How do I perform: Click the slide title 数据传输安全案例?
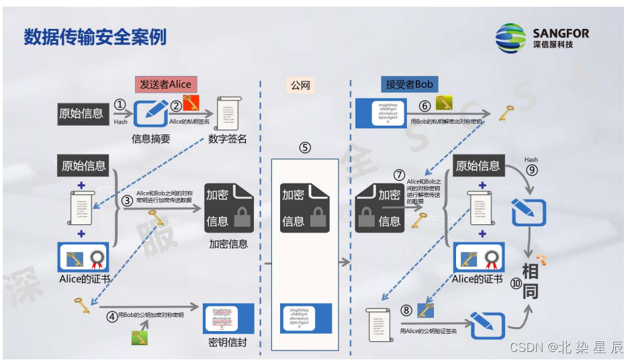point(95,36)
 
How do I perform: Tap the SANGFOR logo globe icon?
point(511,38)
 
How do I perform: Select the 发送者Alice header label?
point(165,84)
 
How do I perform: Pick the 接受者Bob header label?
point(409,84)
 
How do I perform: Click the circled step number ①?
point(120,105)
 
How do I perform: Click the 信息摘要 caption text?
point(151,139)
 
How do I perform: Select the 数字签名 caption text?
point(227,139)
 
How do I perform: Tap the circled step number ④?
point(111,316)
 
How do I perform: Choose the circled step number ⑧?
point(407,310)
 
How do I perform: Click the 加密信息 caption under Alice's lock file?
point(228,244)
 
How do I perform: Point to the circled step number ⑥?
point(424,105)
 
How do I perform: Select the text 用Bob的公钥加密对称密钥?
point(151,315)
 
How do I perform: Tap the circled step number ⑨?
point(532,171)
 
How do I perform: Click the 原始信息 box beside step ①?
point(82,114)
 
